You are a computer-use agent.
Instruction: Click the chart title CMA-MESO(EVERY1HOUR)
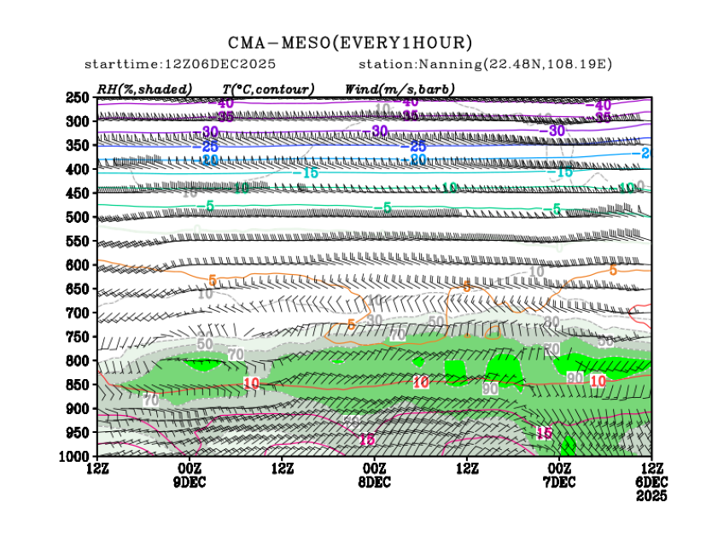pos(350,43)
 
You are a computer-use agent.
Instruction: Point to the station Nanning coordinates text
pos(485,65)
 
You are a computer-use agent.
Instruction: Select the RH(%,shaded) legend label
pos(144,89)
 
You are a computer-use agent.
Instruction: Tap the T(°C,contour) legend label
pos(268,89)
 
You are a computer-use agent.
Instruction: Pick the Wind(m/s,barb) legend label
pos(400,89)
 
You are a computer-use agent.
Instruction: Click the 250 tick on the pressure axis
pos(79,97)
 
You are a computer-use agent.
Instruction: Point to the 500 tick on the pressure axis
pos(79,217)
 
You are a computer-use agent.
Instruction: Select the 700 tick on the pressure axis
pos(79,313)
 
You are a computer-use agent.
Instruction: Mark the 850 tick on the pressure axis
pos(79,384)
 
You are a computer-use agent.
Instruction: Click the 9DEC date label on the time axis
pos(189,482)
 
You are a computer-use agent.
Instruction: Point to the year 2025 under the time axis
pos(652,496)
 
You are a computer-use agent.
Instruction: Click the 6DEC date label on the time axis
pos(652,482)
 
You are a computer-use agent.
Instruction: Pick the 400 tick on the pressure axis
pos(79,169)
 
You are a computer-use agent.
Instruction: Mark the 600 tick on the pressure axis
pos(79,265)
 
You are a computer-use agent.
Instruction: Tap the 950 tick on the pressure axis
pos(79,432)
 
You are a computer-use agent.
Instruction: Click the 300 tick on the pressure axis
pos(79,121)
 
